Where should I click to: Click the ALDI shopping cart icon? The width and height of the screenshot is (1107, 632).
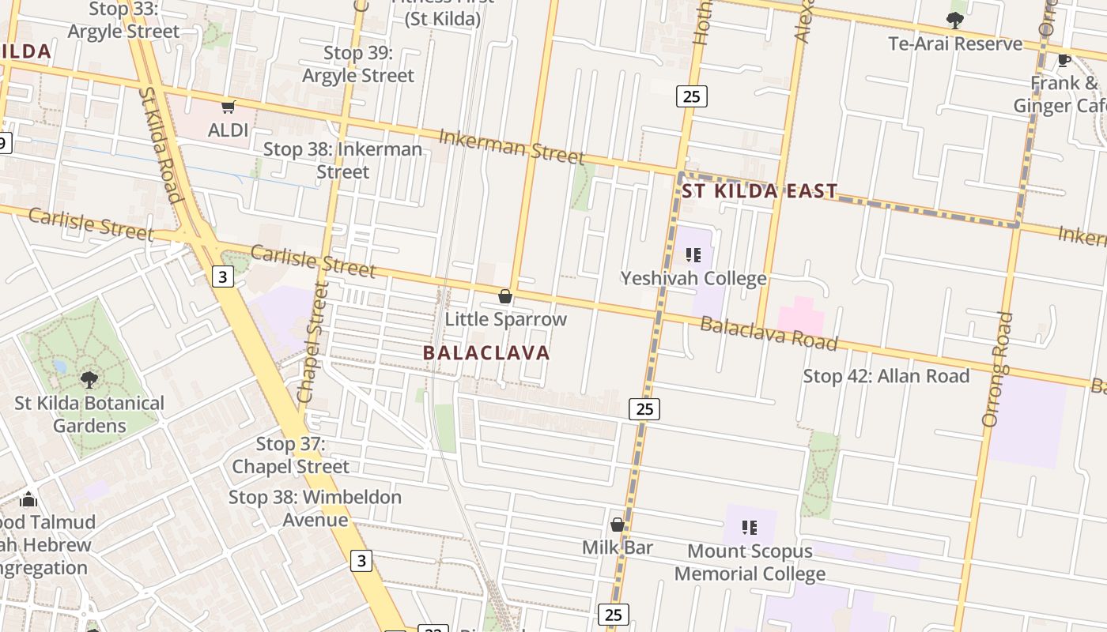point(229,107)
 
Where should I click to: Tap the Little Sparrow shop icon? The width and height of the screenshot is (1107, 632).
point(505,297)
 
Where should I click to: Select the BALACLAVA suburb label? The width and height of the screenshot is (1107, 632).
point(486,352)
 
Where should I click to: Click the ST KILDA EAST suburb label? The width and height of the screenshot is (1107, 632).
point(759,191)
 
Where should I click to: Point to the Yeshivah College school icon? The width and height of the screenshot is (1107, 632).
point(693,255)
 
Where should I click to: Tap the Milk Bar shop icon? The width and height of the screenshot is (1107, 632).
point(618,525)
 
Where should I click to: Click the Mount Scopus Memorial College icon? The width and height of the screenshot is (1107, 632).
point(750,527)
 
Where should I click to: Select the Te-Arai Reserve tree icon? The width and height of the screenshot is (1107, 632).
point(955,21)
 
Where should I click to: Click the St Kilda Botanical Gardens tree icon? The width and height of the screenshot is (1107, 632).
point(89,379)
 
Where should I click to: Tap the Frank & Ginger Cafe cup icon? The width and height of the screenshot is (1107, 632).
point(1064,60)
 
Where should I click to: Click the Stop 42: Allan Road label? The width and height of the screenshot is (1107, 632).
point(886,376)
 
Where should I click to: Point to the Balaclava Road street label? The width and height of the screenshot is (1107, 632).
point(769,333)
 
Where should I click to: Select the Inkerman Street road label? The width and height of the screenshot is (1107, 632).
point(512,147)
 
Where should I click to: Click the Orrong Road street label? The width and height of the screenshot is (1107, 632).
point(997,369)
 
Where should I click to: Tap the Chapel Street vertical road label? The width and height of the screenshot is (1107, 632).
point(312,341)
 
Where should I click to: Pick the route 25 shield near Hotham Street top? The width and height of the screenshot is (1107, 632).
point(691,96)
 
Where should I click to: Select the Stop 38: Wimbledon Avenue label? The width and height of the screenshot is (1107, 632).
point(315,508)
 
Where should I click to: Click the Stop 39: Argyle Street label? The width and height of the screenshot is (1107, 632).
point(358,64)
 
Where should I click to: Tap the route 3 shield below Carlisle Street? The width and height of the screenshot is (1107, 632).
point(224,276)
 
